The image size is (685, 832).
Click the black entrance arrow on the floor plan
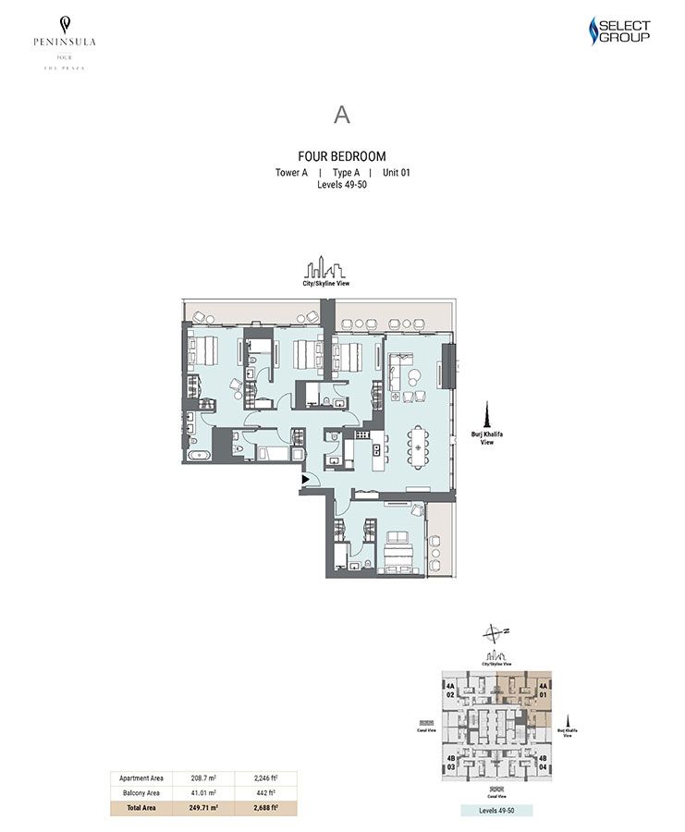306,479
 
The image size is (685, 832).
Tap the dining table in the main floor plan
420,448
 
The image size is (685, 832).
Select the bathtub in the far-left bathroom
197,456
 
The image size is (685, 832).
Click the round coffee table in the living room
415,376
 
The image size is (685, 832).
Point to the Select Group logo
619,31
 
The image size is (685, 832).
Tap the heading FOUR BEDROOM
342,156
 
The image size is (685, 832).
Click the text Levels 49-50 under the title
342,185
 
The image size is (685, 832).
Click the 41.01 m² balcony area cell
203,793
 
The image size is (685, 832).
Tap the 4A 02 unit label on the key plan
450,691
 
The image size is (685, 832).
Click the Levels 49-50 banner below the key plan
495,810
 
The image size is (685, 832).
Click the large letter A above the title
342,115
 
